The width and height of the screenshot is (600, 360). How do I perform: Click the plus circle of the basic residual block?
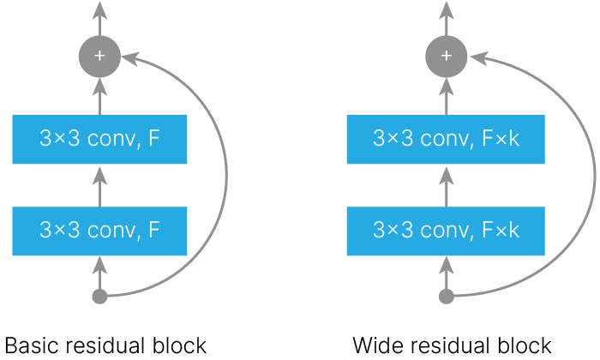[x=99, y=57]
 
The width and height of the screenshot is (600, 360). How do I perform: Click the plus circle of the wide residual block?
[x=447, y=57]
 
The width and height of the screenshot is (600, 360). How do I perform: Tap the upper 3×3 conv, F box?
[x=99, y=139]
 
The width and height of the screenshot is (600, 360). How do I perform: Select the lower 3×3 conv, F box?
[x=99, y=231]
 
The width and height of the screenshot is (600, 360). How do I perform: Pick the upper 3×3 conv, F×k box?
[x=446, y=139]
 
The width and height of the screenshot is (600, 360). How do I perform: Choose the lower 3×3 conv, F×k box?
[x=446, y=231]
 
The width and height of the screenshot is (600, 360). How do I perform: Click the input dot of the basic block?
[x=100, y=297]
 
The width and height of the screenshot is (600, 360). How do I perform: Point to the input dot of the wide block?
[x=447, y=297]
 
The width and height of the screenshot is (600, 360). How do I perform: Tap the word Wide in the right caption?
[x=379, y=345]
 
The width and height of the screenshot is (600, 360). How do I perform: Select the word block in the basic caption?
[x=179, y=345]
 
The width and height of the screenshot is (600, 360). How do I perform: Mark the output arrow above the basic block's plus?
[x=100, y=18]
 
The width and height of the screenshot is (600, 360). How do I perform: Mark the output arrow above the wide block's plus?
[x=447, y=18]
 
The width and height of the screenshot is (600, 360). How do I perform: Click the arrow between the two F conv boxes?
[x=100, y=187]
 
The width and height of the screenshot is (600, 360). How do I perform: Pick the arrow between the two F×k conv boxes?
[x=447, y=187]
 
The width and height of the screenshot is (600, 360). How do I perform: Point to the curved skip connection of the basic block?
[x=226, y=176]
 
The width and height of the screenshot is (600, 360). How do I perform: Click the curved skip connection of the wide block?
[x=594, y=176]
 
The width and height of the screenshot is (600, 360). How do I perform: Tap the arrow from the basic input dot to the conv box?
[x=100, y=273]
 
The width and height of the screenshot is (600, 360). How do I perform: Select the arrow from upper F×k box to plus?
[x=447, y=96]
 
